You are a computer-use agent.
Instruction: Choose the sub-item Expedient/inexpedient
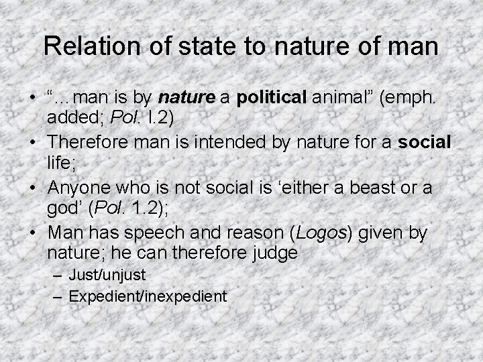[148, 295]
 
